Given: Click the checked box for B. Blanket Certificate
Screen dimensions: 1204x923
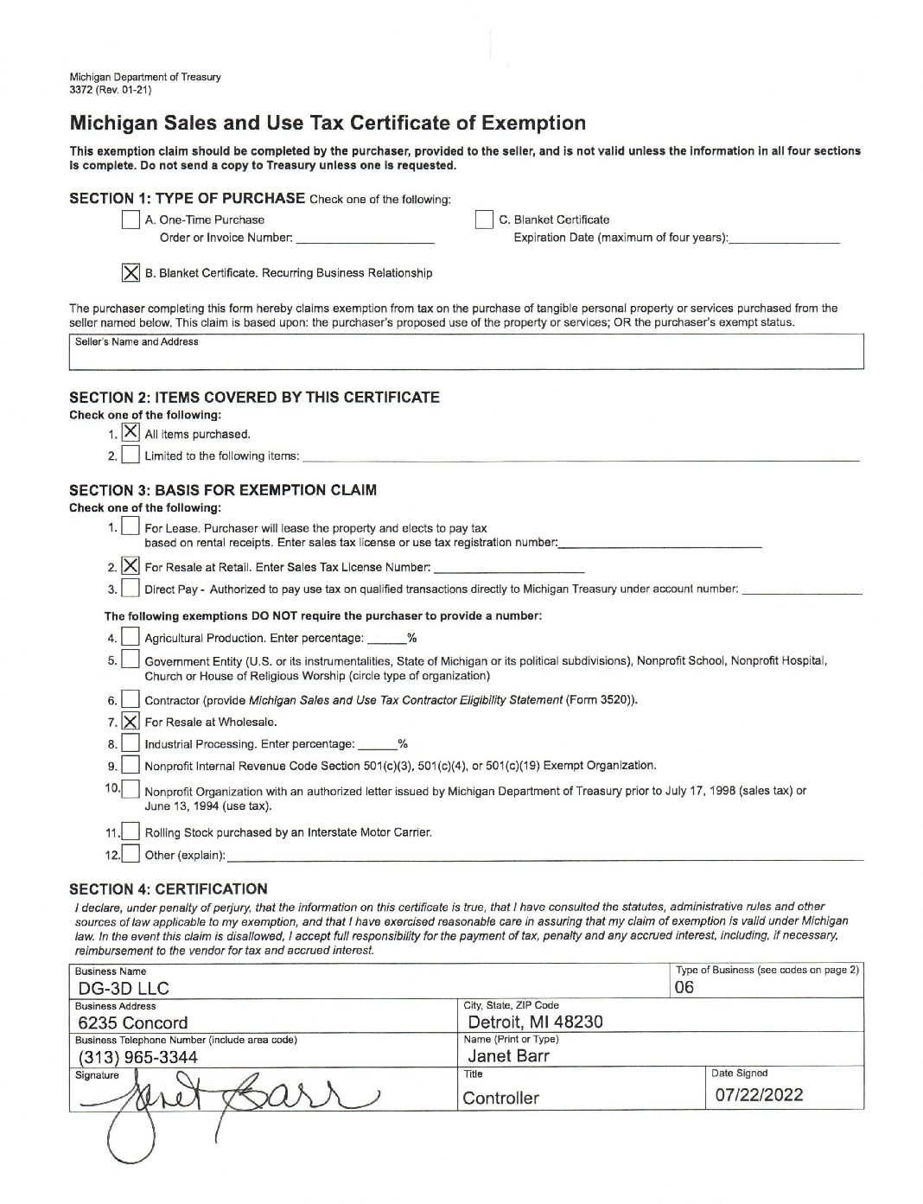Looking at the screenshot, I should pyautogui.click(x=130, y=272).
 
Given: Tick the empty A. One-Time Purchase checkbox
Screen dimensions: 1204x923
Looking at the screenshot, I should pyautogui.click(x=130, y=220).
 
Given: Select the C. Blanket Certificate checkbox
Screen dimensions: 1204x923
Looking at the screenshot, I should pyautogui.click(x=485, y=220).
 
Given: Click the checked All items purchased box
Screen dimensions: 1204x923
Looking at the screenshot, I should pyautogui.click(x=130, y=431).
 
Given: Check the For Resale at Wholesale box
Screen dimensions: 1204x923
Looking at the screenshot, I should pyautogui.click(x=130, y=721).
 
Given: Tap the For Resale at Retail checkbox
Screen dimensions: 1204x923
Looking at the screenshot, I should pyautogui.click(x=130, y=566).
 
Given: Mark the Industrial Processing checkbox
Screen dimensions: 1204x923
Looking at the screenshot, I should pyautogui.click(x=130, y=743).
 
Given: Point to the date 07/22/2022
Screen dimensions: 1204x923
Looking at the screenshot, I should pyautogui.click(x=759, y=1095).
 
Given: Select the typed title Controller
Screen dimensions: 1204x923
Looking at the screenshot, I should pyautogui.click(x=500, y=1098).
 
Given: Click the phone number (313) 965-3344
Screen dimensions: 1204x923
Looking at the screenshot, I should pyautogui.click(x=137, y=1057).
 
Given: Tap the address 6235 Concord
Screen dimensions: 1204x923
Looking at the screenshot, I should pyautogui.click(x=132, y=1023).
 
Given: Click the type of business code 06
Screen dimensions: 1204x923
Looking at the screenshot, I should pyautogui.click(x=684, y=987).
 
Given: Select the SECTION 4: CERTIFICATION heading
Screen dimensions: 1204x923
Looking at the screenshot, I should pyautogui.click(x=169, y=889).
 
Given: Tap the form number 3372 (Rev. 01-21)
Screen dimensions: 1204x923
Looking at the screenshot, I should pyautogui.click(x=111, y=88).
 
